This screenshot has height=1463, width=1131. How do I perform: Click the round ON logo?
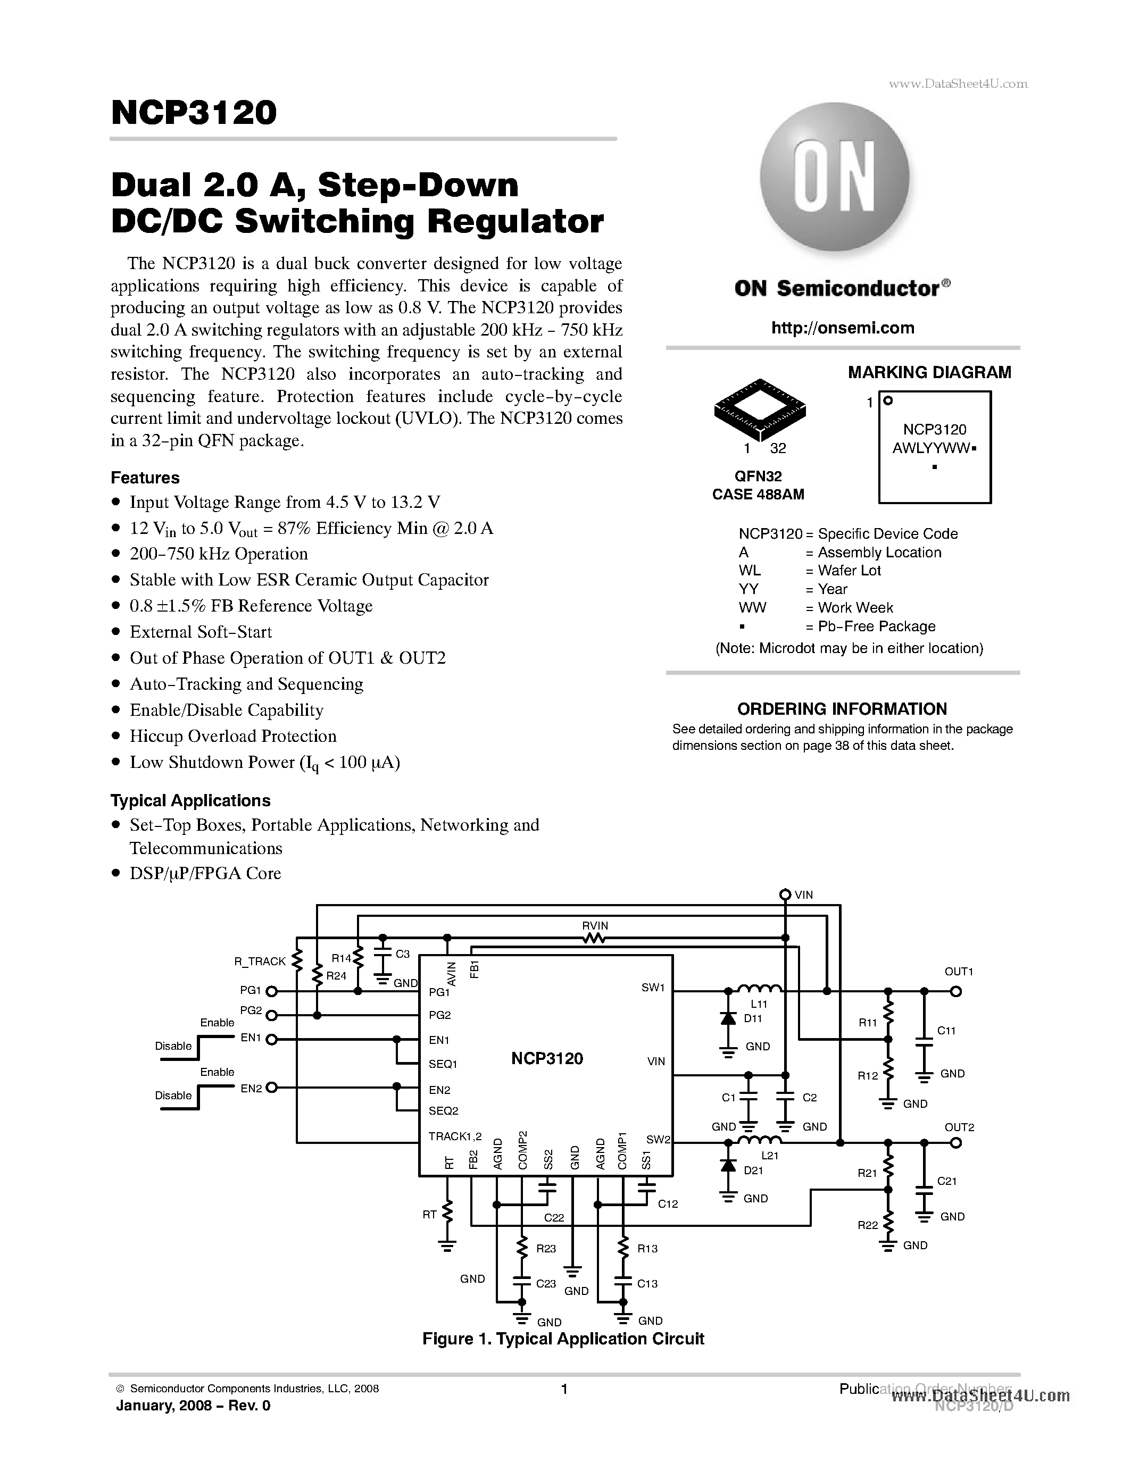[x=834, y=178]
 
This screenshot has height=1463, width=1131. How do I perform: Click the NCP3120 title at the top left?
[x=194, y=113]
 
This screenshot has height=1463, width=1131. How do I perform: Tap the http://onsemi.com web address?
[x=842, y=328]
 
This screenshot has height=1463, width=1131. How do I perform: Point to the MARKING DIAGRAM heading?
[x=929, y=372]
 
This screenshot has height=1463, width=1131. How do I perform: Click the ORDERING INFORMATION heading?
[x=842, y=709]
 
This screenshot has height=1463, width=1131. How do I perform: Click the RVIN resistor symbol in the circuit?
[x=594, y=939]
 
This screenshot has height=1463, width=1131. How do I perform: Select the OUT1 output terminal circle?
[x=956, y=991]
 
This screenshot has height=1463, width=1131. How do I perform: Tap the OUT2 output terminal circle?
[x=956, y=1142]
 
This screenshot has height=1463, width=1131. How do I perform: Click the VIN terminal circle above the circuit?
[x=785, y=895]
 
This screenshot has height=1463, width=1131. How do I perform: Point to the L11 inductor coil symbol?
[x=759, y=989]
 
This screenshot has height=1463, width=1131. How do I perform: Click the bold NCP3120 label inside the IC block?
[x=547, y=1059]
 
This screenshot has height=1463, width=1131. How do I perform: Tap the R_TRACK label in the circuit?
[x=260, y=962]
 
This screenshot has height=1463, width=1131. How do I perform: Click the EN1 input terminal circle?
[x=271, y=1039]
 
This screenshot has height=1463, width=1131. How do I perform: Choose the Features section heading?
[x=145, y=478]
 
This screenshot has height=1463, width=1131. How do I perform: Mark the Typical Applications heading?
[x=190, y=800]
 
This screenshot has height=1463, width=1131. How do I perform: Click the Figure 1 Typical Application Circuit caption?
[x=563, y=1339]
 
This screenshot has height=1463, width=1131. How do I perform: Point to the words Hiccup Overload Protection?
[x=232, y=736]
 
